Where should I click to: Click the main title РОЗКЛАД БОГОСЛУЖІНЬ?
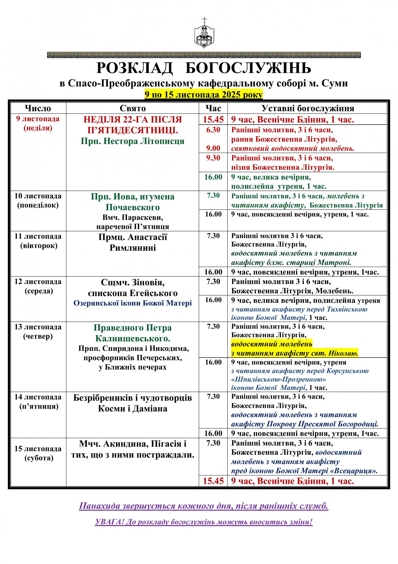coord(204,68)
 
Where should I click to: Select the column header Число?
coord(38,108)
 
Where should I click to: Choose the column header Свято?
coord(133,108)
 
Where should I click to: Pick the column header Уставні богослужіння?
coord(308,108)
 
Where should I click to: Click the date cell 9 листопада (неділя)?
coord(38,123)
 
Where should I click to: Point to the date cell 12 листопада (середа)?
coord(38,286)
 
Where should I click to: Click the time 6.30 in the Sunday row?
coord(213,130)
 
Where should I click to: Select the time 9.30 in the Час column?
coord(213,158)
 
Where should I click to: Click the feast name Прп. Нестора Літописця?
coord(133,141)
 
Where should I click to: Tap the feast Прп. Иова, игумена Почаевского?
coord(133,202)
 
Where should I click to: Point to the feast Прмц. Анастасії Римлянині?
coord(133,242)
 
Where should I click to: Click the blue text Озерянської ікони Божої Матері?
coord(133,303)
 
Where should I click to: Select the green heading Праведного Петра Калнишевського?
coord(133,333)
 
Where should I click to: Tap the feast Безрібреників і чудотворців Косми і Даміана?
coord(133,403)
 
